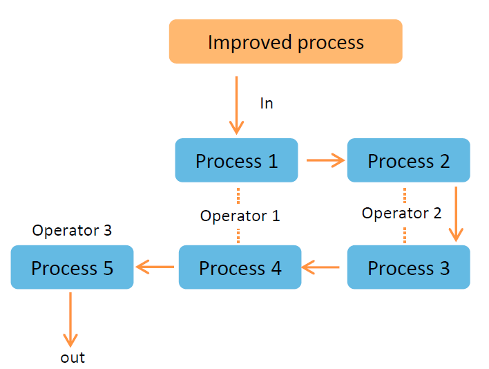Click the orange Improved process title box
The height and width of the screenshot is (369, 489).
pyautogui.click(x=286, y=41)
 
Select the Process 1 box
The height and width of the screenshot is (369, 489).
pyautogui.click(x=236, y=160)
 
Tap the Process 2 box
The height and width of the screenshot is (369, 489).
pyautogui.click(x=409, y=160)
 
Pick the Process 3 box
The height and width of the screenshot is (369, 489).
pyautogui.click(x=409, y=267)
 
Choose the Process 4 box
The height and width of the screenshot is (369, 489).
pyautogui.click(x=240, y=267)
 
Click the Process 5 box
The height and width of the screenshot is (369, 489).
pyautogui.click(x=72, y=267)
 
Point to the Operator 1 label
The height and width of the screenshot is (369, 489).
pyautogui.click(x=240, y=216)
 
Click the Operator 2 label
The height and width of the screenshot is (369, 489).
pyautogui.click(x=401, y=214)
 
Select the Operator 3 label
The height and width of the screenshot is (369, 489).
pyautogui.click(x=72, y=231)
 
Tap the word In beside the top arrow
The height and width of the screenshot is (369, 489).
pyautogui.click(x=267, y=103)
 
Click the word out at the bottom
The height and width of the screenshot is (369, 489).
pyautogui.click(x=73, y=358)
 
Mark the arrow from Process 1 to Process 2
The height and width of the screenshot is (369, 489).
pyautogui.click(x=325, y=160)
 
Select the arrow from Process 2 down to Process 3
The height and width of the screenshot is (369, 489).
pyautogui.click(x=456, y=214)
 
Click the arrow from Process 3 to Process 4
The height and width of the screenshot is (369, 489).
pyautogui.click(x=320, y=267)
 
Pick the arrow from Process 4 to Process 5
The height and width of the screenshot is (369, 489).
pyautogui.click(x=155, y=267)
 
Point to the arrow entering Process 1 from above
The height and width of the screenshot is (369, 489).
pyautogui.click(x=236, y=106)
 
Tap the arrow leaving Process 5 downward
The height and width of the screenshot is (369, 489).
pyautogui.click(x=70, y=320)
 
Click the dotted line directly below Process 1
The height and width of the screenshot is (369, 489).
pyautogui.click(x=238, y=196)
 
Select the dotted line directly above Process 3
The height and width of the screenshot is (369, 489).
pyautogui.click(x=405, y=235)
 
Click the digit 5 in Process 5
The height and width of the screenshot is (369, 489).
pyautogui.click(x=108, y=268)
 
